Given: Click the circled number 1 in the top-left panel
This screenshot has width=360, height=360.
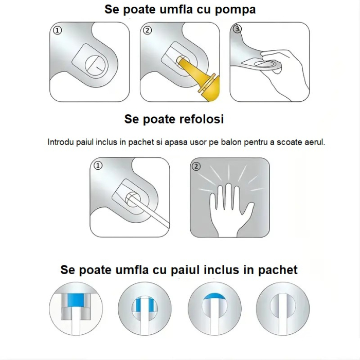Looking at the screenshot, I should [x=58, y=31].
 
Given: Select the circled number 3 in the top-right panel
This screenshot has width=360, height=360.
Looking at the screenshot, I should [x=237, y=29].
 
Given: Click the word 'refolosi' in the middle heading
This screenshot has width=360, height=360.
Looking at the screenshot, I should [x=197, y=119].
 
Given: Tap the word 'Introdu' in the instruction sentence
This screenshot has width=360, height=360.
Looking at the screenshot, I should [x=61, y=142].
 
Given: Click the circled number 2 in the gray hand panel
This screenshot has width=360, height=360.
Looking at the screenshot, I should [x=196, y=166].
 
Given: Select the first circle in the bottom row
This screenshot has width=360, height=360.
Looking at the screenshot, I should [x=76, y=307].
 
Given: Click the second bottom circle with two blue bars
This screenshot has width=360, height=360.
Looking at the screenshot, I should [x=145, y=307].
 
